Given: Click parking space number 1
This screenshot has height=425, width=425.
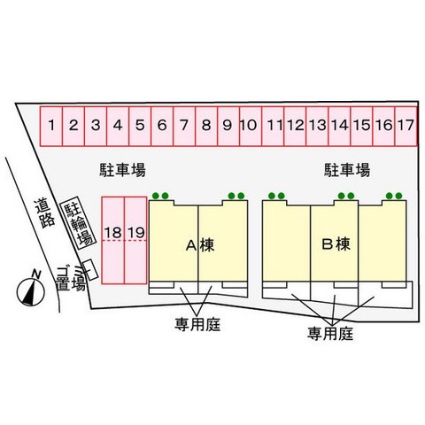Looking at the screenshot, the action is tap(51, 127).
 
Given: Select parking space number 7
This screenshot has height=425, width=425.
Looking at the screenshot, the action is tap(184, 127).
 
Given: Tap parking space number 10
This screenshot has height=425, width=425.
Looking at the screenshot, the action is tap(251, 127).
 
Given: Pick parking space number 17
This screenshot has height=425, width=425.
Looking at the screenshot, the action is tap(406, 127).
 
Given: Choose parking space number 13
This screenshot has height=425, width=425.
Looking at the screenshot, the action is tap(317, 127).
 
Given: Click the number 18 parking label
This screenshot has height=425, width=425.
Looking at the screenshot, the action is tap(113, 233).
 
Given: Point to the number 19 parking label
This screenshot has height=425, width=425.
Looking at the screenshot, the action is tap(136, 233).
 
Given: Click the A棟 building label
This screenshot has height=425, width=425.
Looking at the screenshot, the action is tap(200, 245).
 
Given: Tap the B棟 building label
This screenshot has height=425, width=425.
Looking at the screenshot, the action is tap(336, 244).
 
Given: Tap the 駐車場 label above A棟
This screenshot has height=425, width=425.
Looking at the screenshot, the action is tap(122, 170).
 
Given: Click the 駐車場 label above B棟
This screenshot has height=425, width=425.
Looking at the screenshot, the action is tap(347, 170).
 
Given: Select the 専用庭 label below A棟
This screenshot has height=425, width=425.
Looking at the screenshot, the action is tap(197, 324).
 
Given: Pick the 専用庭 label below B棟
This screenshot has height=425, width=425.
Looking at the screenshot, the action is tap(330, 334).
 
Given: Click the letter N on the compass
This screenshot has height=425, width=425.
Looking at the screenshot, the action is tap(36, 274).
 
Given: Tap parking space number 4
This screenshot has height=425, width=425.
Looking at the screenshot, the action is tap(118, 127).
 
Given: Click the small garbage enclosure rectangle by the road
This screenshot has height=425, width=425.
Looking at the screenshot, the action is tap(90, 270).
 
